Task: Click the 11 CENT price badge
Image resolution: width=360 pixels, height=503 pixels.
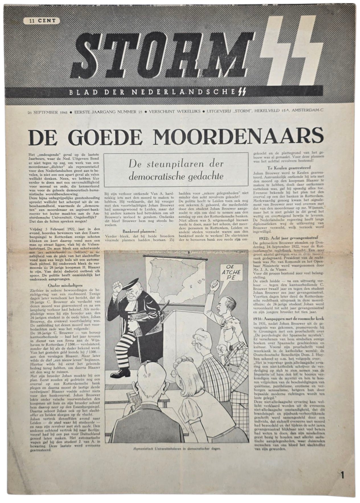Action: point(42,20)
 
